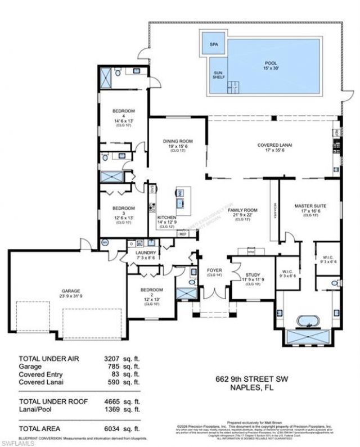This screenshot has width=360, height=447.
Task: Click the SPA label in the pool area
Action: tap(214, 44)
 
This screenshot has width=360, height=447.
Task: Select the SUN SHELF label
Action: tap(219, 75)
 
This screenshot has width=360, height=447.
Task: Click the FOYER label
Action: tap(214, 272)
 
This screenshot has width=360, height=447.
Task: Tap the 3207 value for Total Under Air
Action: tap(127, 358)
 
